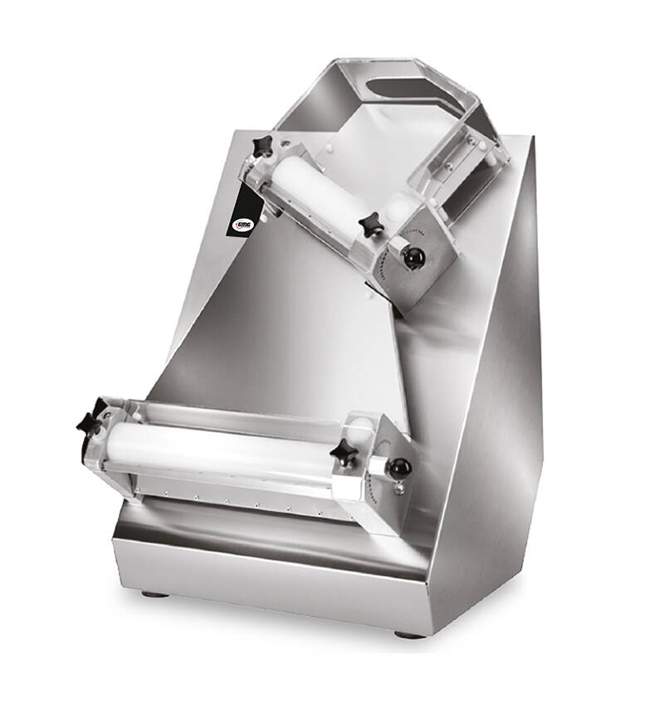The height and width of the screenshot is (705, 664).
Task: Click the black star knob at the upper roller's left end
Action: [263, 147]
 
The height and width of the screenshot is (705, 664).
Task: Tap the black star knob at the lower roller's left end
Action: [90, 421]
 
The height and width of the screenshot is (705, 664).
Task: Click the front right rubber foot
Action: [407, 634]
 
